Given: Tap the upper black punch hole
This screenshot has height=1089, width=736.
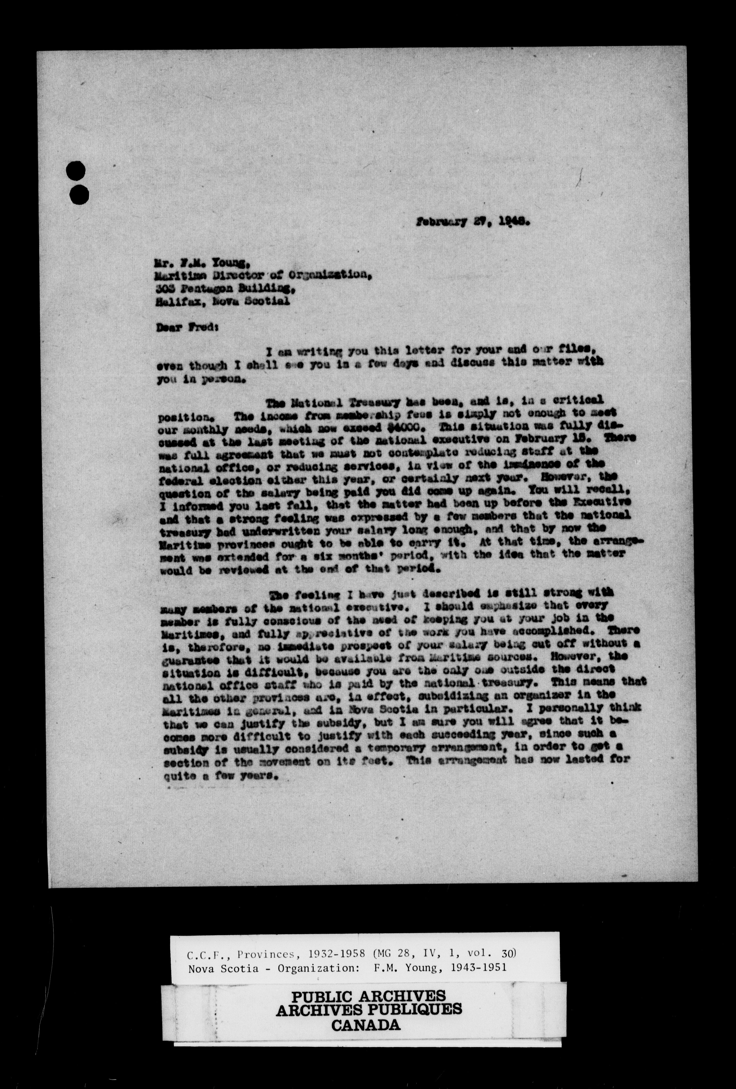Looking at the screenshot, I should pos(76,171).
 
